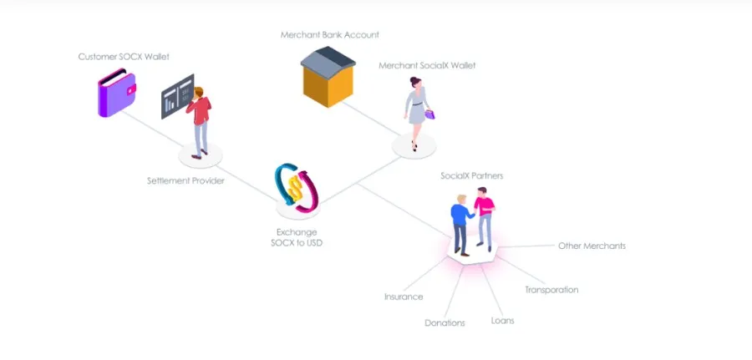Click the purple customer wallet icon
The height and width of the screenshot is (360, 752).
pyautogui.click(x=116, y=93)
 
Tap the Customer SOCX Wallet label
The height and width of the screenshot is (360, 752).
pyautogui.click(x=124, y=57)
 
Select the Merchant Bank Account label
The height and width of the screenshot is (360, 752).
pyautogui.click(x=330, y=35)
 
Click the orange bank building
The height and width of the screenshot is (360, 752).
pyautogui.click(x=328, y=77)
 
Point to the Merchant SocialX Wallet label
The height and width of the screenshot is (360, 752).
pyautogui.click(x=427, y=65)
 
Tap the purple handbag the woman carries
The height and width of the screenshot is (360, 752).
pyautogui.click(x=429, y=114)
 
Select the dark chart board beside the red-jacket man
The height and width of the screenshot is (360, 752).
pyautogui.click(x=177, y=96)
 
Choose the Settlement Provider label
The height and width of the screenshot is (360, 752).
pyautogui.click(x=185, y=181)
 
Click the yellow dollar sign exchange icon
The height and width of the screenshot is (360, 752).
pyautogui.click(x=297, y=187)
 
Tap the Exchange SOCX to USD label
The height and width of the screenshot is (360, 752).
pyautogui.click(x=297, y=238)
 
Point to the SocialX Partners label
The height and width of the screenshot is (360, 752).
pyautogui.click(x=472, y=176)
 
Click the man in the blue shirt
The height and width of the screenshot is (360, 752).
pyautogui.click(x=461, y=226)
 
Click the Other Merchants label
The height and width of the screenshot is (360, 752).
pyautogui.click(x=592, y=246)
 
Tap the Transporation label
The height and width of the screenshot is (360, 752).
pyautogui.click(x=551, y=290)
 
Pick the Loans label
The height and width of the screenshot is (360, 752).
pyautogui.click(x=503, y=321)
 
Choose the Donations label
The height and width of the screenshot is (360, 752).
pyautogui.click(x=445, y=323)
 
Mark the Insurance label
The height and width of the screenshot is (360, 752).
pyautogui.click(x=404, y=297)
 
